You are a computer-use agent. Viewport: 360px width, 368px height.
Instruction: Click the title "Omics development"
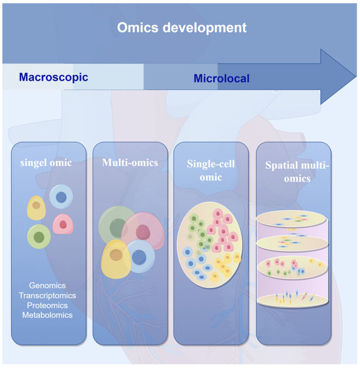182,27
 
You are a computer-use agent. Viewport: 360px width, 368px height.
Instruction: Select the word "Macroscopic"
53,77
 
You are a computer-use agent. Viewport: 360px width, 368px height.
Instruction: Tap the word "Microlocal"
221,78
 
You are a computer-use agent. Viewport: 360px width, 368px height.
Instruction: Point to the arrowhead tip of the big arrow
355,76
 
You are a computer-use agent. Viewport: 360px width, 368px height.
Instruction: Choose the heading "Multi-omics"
130,163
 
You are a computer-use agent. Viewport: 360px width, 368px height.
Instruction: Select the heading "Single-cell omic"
211,170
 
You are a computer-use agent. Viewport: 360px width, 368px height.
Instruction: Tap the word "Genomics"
47,286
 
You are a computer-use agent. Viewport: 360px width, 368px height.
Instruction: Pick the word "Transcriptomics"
47,295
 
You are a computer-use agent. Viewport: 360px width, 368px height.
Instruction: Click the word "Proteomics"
47,305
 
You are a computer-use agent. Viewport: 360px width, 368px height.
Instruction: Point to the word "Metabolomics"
47,315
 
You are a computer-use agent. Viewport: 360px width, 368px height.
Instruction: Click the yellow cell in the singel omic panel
36,208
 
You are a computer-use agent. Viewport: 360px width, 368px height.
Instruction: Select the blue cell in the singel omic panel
61,197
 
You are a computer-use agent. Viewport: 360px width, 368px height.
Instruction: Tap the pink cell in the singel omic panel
63,224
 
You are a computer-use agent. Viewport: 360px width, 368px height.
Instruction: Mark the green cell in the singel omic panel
39,237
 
